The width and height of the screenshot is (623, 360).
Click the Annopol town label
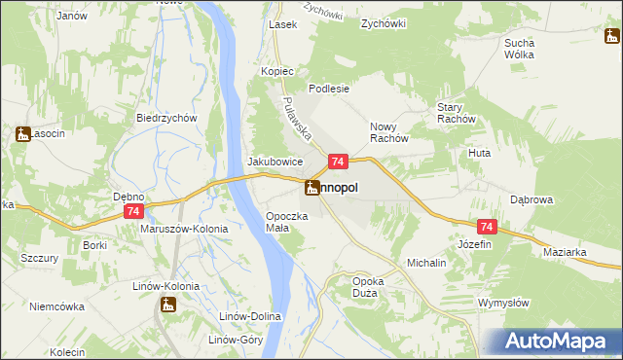(x=340, y=189)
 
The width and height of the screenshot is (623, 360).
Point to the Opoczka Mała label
(x=286, y=222)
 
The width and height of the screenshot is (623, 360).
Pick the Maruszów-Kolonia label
(x=184, y=229)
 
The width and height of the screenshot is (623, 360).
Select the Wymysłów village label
(x=503, y=303)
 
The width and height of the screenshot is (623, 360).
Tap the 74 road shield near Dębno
(x=134, y=211)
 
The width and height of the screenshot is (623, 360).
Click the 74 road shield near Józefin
(x=488, y=227)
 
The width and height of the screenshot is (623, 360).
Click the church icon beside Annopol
(x=312, y=188)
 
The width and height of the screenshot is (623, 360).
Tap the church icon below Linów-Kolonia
(x=168, y=306)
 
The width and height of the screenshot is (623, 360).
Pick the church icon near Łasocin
(x=23, y=134)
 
